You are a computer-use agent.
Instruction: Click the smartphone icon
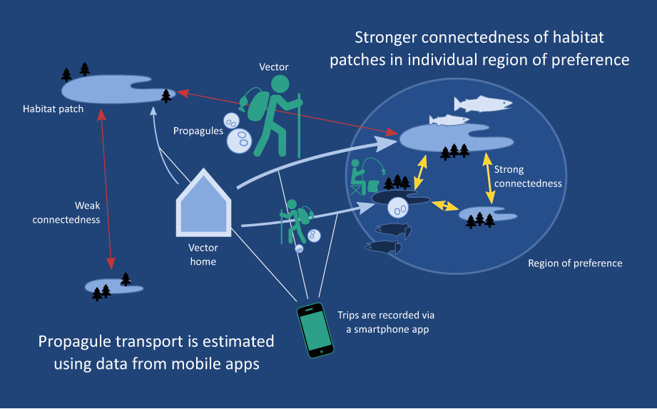314,330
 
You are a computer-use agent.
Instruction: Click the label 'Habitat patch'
53,109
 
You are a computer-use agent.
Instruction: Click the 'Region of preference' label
575,263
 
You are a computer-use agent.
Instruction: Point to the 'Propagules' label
198,131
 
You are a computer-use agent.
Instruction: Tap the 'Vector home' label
202,255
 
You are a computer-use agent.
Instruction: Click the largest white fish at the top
483,104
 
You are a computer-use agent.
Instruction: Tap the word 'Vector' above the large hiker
275,67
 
